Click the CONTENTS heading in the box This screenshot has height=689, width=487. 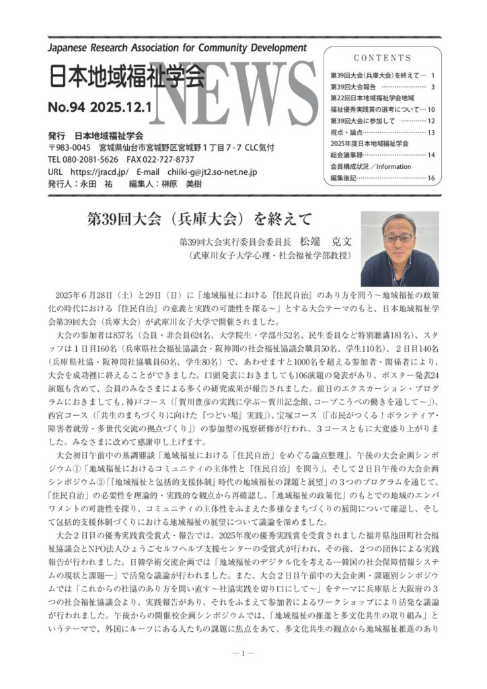click(382, 58)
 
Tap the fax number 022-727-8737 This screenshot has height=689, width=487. click(165, 159)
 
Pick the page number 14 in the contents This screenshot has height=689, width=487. click(431, 155)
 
